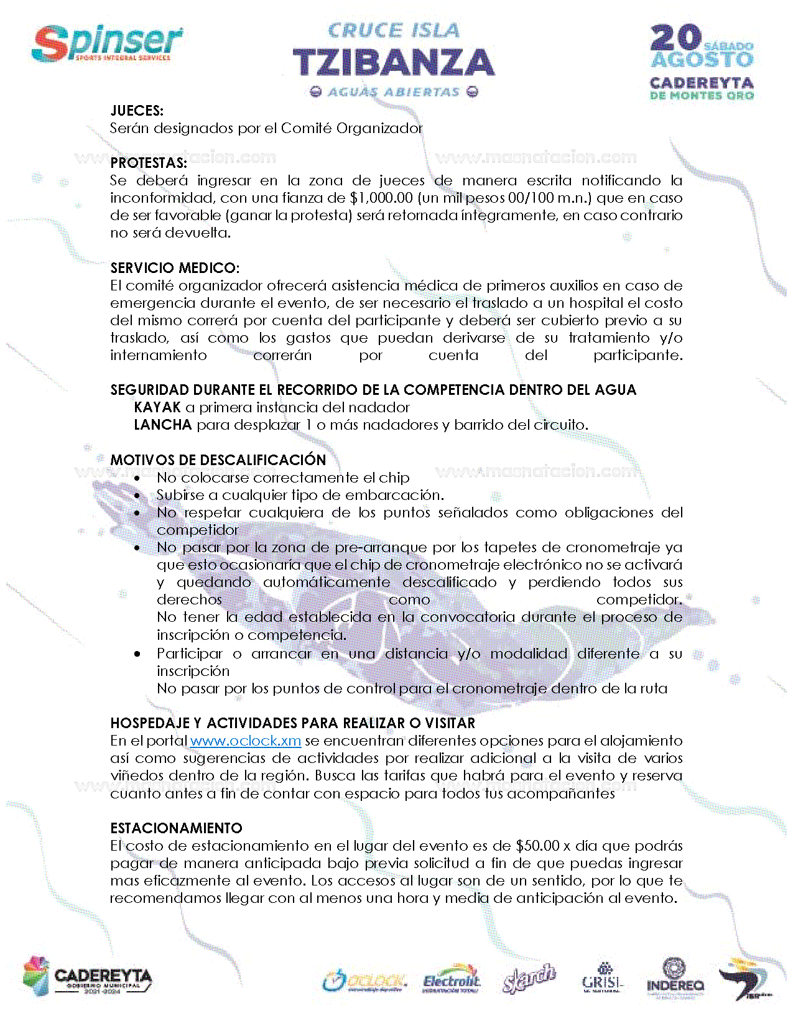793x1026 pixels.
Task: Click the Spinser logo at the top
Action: coord(107,44)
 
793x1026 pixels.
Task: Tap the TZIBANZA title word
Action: coord(394,63)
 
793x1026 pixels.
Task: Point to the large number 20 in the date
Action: coord(676,38)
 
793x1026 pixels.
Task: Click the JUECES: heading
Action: coord(137,111)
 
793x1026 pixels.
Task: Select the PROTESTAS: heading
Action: coord(149,163)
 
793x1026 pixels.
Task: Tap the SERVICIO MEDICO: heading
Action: coord(175,268)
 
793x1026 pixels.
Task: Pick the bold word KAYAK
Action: coord(157,407)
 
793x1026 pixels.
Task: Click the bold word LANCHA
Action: coord(163,425)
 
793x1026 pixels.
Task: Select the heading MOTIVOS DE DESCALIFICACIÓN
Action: coord(218,460)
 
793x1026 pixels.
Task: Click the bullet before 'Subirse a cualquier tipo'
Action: coord(137,496)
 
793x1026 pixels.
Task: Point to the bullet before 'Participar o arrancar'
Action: coord(137,654)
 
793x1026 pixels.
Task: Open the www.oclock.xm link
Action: coord(246,741)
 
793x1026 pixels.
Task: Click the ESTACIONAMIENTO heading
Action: coord(176,828)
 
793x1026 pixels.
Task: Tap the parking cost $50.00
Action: coord(538,846)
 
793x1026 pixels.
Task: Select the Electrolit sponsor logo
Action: coord(452,981)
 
